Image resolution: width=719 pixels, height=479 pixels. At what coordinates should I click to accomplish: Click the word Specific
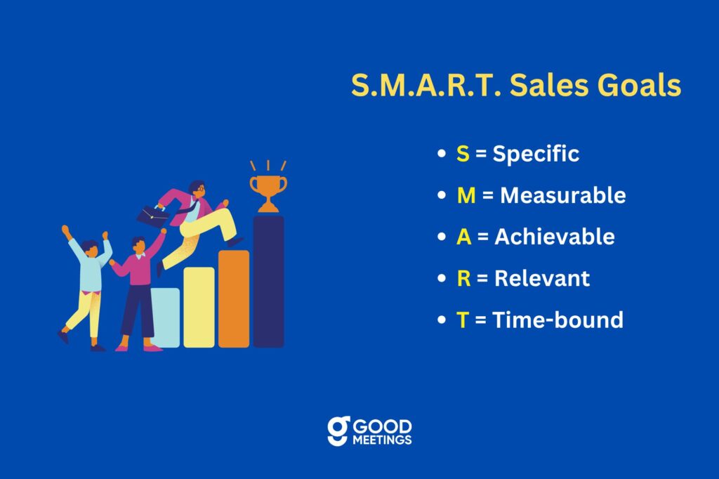point(536,154)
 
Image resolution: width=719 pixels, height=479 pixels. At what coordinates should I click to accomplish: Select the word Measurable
point(562,195)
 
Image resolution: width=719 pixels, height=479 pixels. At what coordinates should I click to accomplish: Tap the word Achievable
point(555,237)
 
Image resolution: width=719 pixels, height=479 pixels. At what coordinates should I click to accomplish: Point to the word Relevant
point(542,279)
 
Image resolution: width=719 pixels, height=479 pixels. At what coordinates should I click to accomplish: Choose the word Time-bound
point(558,320)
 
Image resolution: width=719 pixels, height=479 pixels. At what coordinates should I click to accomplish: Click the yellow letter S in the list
point(463,154)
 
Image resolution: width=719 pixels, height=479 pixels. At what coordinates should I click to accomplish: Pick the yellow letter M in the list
point(466,195)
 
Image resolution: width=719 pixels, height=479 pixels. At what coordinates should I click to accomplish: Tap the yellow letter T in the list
point(462,320)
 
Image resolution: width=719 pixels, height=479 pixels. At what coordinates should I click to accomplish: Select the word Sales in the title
point(548,85)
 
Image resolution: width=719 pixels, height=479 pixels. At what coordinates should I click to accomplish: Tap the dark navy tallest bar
point(269,281)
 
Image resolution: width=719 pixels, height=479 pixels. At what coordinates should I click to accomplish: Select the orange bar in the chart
point(234,298)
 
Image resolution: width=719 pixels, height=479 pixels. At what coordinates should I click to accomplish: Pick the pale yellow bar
point(199,307)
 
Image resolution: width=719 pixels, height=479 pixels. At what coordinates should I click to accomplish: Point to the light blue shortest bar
point(166,317)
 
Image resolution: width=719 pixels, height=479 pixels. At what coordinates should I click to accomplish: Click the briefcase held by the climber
point(152,216)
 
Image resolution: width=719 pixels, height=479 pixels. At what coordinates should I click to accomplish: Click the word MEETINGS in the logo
point(382,440)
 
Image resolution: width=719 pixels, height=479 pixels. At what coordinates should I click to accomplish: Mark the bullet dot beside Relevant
point(442,279)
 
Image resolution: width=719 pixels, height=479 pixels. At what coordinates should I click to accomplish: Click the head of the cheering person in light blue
point(91,249)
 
